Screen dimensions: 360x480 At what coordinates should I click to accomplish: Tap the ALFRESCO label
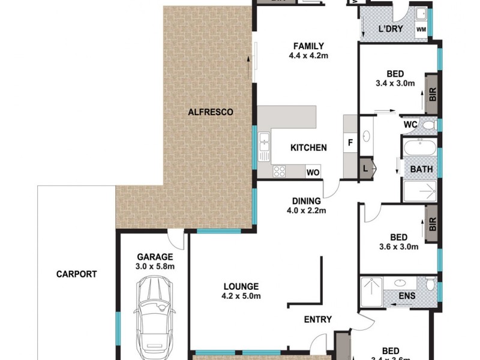tap(210, 112)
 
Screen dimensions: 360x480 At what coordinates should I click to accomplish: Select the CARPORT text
tap(77, 274)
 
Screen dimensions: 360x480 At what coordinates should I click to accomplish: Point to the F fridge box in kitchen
tap(350, 143)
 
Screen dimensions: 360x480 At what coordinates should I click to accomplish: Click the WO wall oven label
tap(313, 172)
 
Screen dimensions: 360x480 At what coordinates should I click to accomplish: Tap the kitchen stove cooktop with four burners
tap(280, 171)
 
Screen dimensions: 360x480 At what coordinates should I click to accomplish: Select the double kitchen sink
tap(264, 144)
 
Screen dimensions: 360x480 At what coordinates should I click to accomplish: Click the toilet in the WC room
tap(427, 124)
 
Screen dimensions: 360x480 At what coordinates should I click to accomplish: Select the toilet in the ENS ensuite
tap(429, 283)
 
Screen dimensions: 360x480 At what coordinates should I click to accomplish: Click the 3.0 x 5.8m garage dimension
tap(153, 266)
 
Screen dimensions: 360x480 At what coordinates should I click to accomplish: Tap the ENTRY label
tap(317, 320)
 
